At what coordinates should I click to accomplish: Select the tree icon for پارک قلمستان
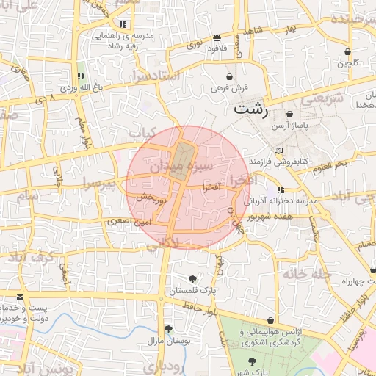click(192, 279)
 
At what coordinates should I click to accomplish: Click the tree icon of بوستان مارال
click(168, 328)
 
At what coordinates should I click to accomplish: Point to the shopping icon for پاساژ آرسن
click(290, 115)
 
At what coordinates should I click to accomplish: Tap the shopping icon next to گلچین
click(347, 51)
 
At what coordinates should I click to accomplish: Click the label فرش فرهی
click(230, 87)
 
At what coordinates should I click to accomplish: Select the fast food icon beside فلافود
click(216, 37)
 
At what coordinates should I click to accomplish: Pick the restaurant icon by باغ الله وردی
click(81, 76)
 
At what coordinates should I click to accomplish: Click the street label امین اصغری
click(129, 220)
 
